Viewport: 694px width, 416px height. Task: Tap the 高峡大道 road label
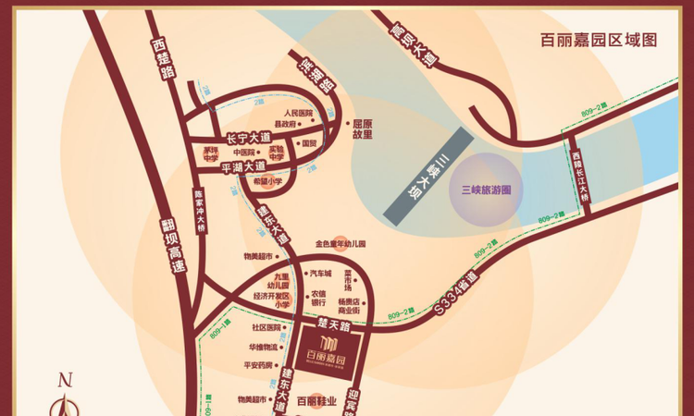pyautogui.click(x=412, y=43)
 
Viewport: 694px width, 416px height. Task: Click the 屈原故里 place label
pyautogui.click(x=362, y=128)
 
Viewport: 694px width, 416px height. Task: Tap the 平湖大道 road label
pyautogui.click(x=243, y=167)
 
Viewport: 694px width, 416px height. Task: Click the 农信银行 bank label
pyautogui.click(x=318, y=297)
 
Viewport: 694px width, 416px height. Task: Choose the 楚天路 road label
pyautogui.click(x=329, y=324)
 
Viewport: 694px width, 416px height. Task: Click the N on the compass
pyautogui.click(x=65, y=379)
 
